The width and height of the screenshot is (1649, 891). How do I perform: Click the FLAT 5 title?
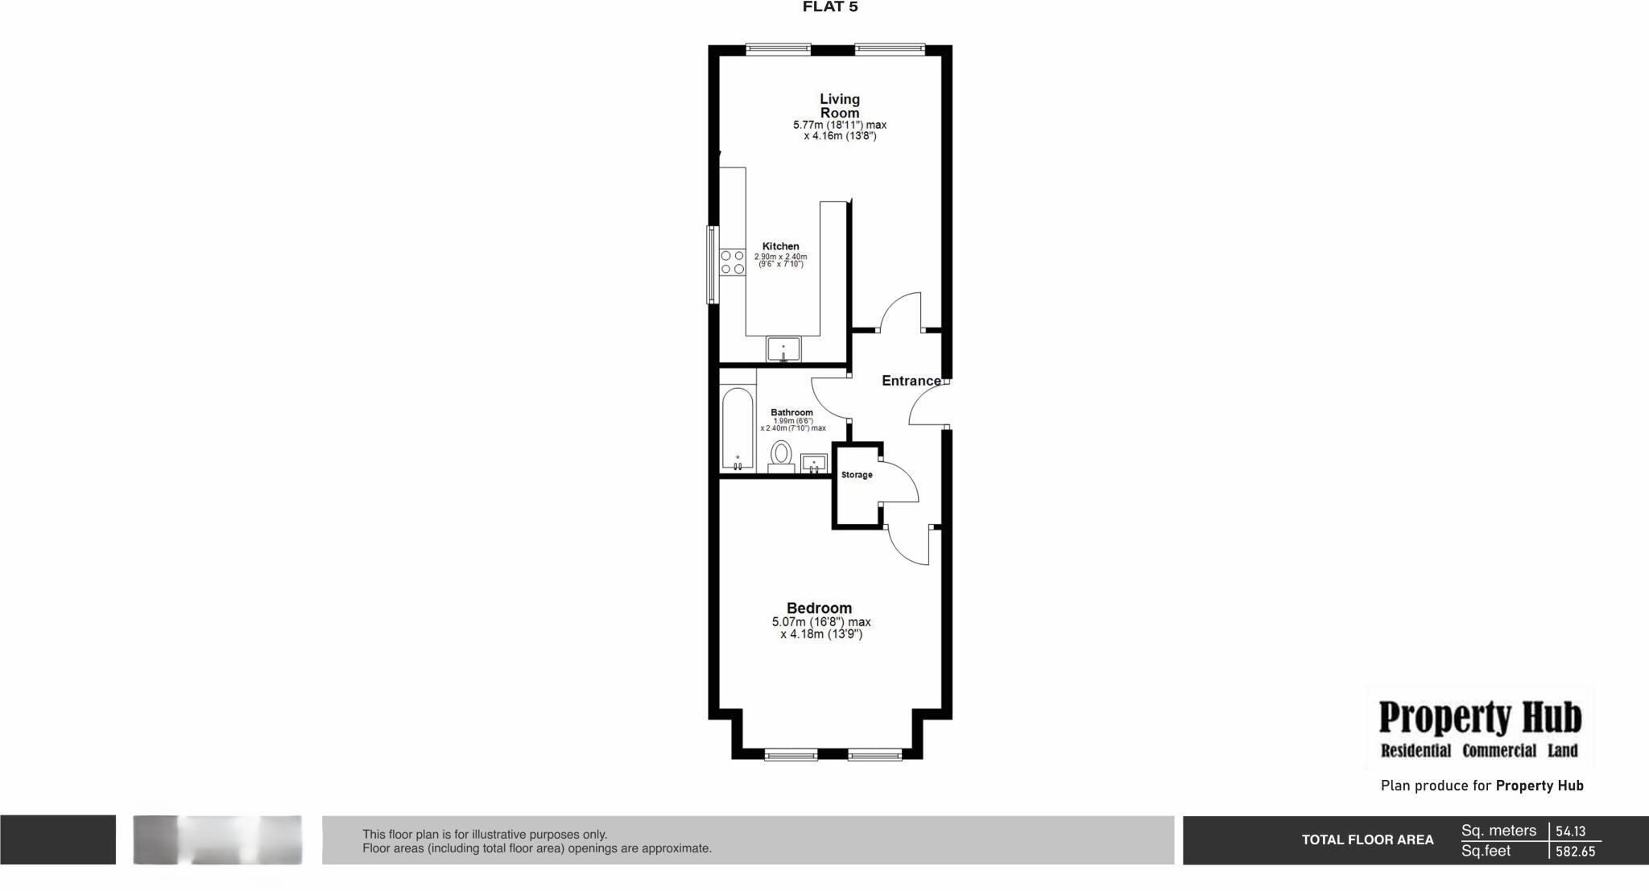click(830, 7)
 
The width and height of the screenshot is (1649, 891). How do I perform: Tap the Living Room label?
click(840, 105)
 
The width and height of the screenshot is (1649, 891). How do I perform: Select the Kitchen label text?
click(780, 246)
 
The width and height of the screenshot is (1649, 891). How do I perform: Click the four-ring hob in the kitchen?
click(732, 262)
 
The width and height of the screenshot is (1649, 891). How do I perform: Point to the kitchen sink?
click(783, 349)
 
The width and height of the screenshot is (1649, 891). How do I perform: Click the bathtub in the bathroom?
click(738, 429)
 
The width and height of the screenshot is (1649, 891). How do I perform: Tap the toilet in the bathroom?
click(780, 456)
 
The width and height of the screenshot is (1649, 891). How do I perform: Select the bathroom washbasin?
click(814, 463)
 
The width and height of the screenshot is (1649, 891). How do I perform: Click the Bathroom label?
click(791, 412)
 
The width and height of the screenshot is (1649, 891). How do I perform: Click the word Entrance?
click(911, 381)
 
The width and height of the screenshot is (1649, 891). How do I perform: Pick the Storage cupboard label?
click(857, 475)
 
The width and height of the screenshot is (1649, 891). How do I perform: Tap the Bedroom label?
click(819, 608)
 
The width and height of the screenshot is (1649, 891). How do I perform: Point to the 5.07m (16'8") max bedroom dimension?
click(821, 622)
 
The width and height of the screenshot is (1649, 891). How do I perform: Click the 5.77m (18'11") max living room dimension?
click(840, 125)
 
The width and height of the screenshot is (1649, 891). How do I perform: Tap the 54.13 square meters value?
click(1570, 831)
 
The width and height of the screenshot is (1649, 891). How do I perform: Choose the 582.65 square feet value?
click(1575, 852)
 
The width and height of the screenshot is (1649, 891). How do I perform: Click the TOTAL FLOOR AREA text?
click(1367, 839)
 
